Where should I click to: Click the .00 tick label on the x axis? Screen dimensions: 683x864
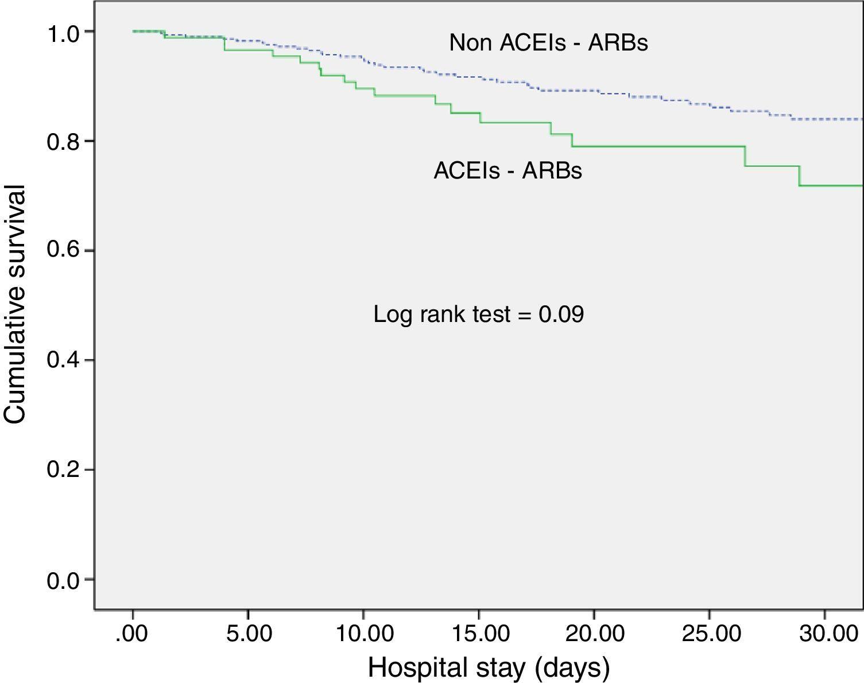(x=132, y=635)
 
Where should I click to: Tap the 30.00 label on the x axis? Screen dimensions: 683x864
(x=825, y=635)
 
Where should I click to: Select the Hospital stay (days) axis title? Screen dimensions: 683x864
(x=488, y=668)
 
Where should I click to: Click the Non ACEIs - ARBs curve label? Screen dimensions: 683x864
(x=548, y=43)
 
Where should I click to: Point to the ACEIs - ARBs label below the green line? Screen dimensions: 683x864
(x=507, y=170)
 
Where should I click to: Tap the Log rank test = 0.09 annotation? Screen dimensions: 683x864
(x=478, y=315)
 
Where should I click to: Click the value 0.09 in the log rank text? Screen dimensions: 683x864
(x=561, y=315)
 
